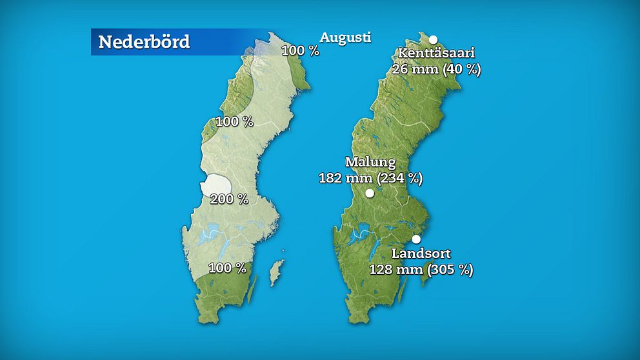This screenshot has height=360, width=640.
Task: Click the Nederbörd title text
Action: pos(144,42)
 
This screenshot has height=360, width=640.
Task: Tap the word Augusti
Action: pos(346,37)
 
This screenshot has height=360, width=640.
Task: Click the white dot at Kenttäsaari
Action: pos(434,39)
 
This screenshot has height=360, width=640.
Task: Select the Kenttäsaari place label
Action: pos(436,53)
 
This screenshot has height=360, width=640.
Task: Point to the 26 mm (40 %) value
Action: pos(436,68)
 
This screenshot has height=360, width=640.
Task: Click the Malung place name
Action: pos(370,162)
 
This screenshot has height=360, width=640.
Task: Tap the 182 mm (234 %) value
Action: pos(370,177)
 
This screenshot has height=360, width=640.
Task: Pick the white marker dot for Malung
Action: pos(370,193)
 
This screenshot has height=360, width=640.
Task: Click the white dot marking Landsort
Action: pos(416,239)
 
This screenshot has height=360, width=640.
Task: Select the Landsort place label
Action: pos(421,254)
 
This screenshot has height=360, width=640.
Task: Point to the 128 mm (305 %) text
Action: pos(421,269)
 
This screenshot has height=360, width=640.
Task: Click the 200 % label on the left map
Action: pos(230,199)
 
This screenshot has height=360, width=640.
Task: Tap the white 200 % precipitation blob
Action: pos(215,185)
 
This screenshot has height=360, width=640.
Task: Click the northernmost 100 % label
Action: pos(300,50)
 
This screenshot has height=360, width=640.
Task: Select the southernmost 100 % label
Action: pos(226,267)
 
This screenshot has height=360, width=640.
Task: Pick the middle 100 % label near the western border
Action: pos(234,121)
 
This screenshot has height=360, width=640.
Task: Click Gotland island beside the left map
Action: pos(276,273)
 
